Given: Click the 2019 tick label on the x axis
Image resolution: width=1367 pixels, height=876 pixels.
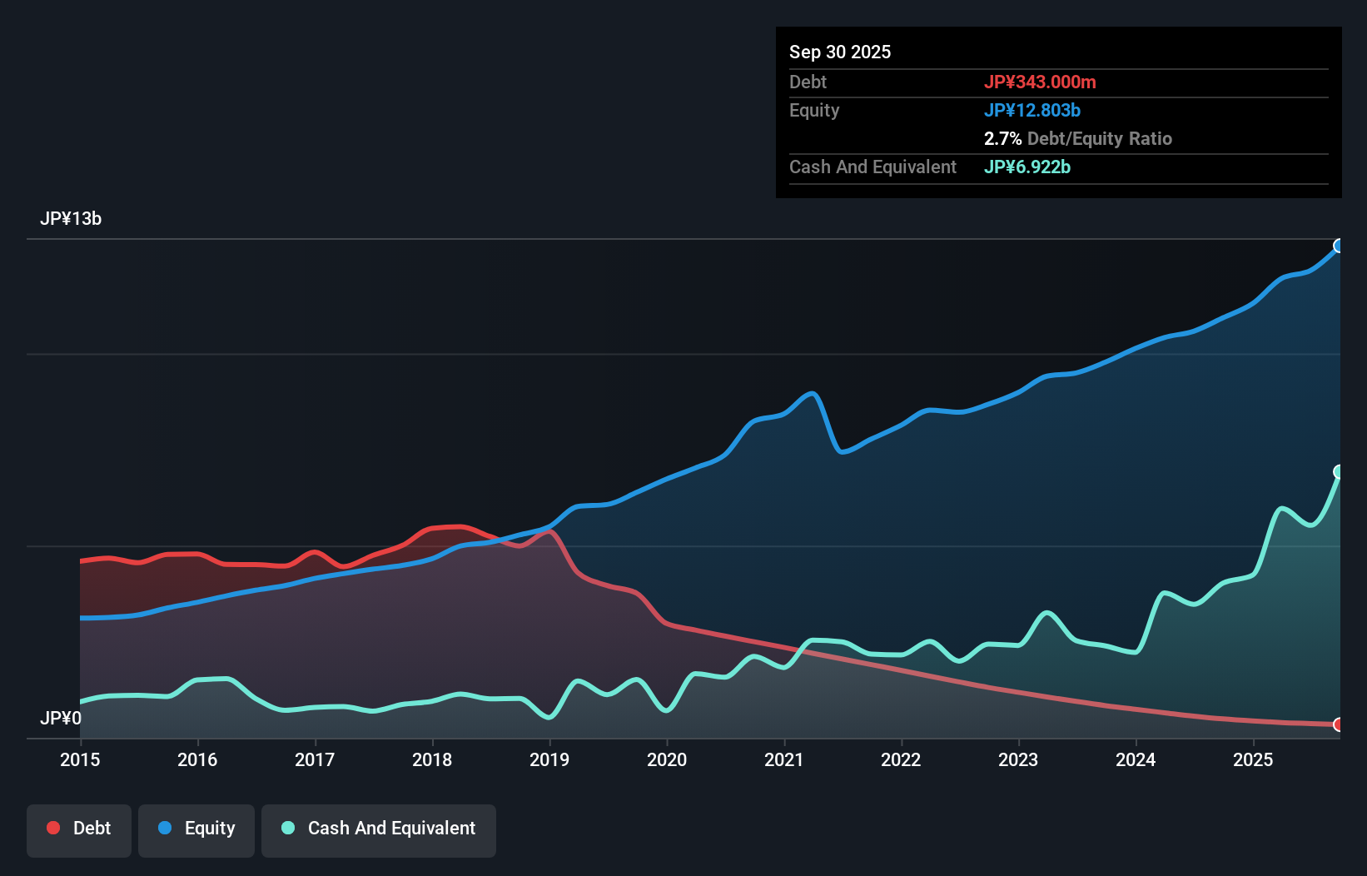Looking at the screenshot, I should (549, 759).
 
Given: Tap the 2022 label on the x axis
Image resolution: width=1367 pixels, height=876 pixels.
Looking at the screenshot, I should (901, 759).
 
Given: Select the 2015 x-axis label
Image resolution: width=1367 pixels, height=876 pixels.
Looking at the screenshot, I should (80, 759).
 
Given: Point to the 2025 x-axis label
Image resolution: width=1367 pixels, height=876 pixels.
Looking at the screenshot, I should (1253, 759).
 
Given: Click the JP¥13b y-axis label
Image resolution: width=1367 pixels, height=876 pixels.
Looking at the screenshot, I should (71, 219).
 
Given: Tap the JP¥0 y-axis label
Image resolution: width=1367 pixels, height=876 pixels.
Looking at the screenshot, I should (61, 718).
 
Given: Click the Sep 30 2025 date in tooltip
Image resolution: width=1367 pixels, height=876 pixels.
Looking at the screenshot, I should (840, 52).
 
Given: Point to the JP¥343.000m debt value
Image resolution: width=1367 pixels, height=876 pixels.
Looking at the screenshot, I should (1040, 82).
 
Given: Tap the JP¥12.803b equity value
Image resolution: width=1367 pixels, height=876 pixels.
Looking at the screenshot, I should (1032, 111).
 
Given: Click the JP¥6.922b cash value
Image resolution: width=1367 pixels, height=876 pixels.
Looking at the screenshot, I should (1027, 167).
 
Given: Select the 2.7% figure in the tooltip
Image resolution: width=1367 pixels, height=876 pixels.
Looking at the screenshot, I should (1002, 139).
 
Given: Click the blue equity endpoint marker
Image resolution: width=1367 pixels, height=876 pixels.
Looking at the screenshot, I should (1339, 246).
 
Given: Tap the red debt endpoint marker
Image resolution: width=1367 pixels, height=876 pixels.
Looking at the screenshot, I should (1339, 724).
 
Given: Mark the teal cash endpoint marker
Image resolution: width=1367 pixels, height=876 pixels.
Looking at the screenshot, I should (1339, 472).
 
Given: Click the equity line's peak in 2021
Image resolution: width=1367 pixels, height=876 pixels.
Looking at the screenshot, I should (812, 393).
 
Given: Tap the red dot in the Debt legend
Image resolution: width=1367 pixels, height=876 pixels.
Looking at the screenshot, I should (53, 828).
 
